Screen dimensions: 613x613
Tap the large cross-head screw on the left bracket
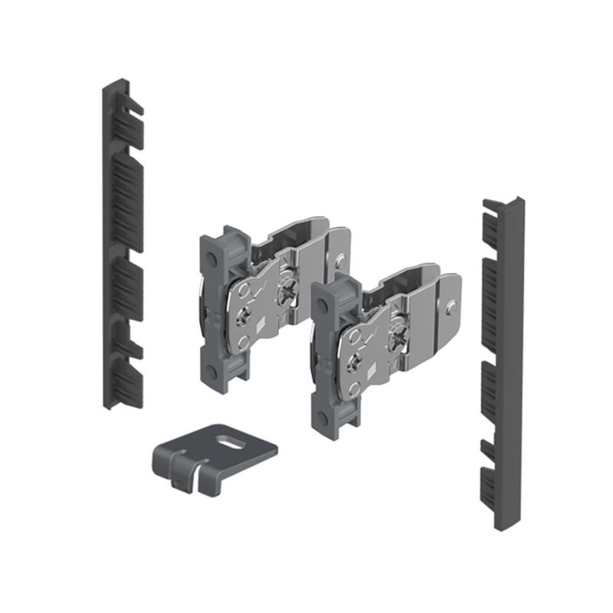[287, 290]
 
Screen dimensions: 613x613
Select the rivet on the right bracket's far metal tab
[452, 307]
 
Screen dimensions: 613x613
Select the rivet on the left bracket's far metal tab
[340, 261]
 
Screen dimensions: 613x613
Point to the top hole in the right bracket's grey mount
[323, 304]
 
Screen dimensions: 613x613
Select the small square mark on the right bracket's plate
[369, 375]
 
